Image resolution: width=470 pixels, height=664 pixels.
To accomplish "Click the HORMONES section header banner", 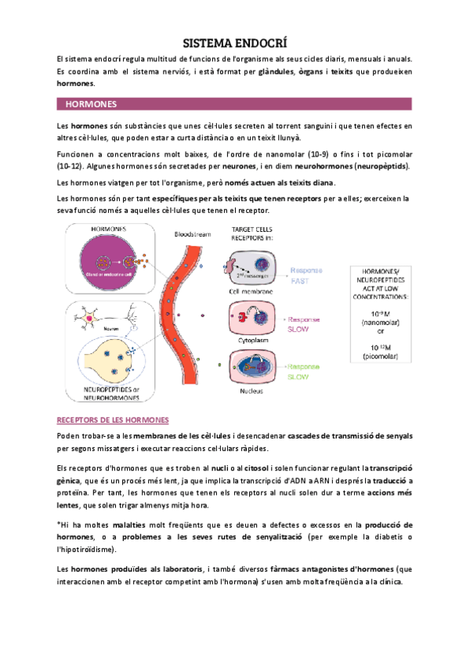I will coord(235,103).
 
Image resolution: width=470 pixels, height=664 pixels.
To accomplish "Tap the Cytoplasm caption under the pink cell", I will coord(251,341).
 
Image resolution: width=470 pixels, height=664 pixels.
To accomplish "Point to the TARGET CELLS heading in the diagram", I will coord(251,228).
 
